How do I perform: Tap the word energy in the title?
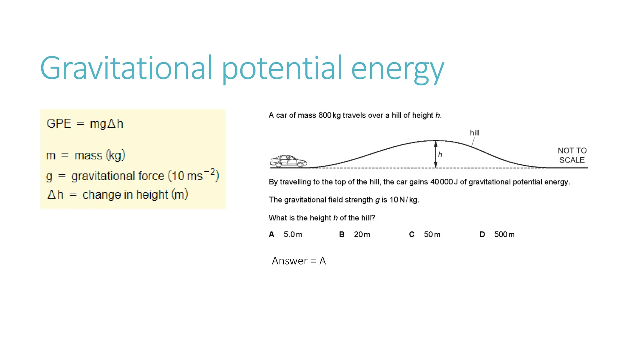tap(397, 69)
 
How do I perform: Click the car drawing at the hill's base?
tap(288, 161)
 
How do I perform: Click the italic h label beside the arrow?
tap(440, 154)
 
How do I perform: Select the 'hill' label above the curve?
tap(474, 133)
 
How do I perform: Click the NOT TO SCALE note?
tap(572, 155)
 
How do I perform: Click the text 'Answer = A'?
tap(299, 261)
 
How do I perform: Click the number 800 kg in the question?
tap(329, 115)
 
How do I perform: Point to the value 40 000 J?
tap(444, 182)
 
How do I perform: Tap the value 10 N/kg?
tap(404, 200)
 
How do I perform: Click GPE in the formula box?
tap(59, 124)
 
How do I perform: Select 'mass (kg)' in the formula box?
tap(100, 155)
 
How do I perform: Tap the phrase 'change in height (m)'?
tap(135, 195)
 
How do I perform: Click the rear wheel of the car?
tap(278, 165)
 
